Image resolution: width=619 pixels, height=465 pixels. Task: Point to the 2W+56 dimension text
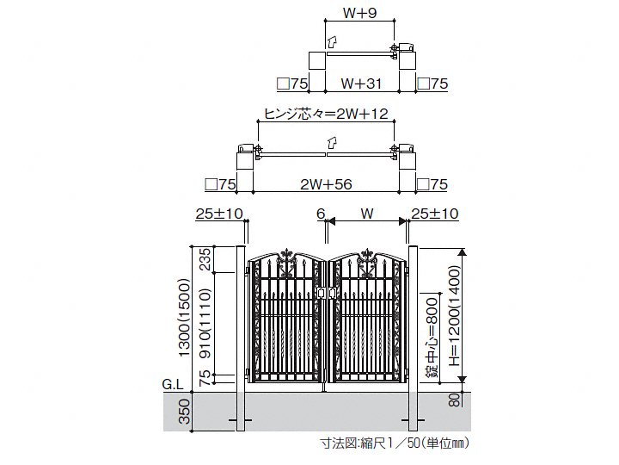click(327, 184)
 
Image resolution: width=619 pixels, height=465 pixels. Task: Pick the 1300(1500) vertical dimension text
click(183, 317)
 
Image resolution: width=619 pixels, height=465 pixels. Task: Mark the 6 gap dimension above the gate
click(320, 214)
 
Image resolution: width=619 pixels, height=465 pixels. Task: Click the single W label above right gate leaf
click(367, 214)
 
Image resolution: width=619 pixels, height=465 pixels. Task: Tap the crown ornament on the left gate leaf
click(285, 255)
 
